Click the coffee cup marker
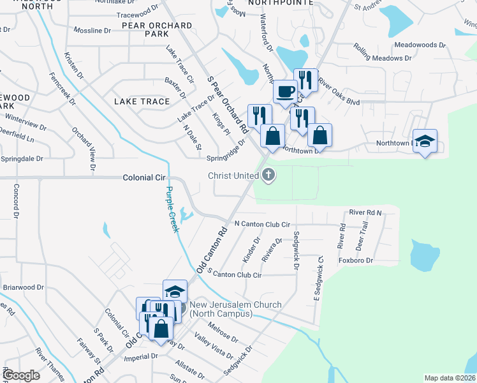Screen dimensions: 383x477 click(x=285, y=91)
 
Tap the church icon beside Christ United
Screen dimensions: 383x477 click(x=269, y=174)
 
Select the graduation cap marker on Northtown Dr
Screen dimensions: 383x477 click(x=425, y=141)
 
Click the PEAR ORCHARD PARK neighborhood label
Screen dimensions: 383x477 click(x=159, y=29)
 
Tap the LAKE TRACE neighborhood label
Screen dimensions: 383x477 click(x=142, y=101)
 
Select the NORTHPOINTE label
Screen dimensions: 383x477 click(x=281, y=3)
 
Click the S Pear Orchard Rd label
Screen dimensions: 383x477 click(x=227, y=104)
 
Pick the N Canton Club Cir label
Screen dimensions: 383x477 click(x=263, y=224)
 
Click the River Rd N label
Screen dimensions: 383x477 click(x=365, y=212)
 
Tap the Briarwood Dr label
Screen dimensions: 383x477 click(x=24, y=287)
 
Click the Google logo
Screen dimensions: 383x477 click(x=22, y=375)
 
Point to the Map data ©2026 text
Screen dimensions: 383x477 click(x=450, y=378)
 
